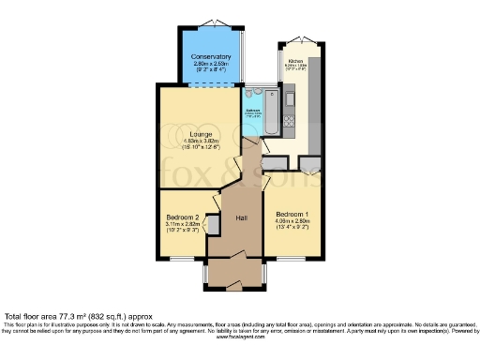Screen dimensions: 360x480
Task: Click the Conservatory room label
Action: click(x=211, y=56)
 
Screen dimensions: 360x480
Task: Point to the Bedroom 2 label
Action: click(x=182, y=217)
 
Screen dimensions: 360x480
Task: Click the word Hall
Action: click(x=241, y=217)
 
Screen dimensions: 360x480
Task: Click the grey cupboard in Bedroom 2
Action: click(x=214, y=223)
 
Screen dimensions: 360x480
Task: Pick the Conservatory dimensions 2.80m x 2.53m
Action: click(x=211, y=65)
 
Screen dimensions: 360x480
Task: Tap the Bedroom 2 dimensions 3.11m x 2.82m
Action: click(x=182, y=225)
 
